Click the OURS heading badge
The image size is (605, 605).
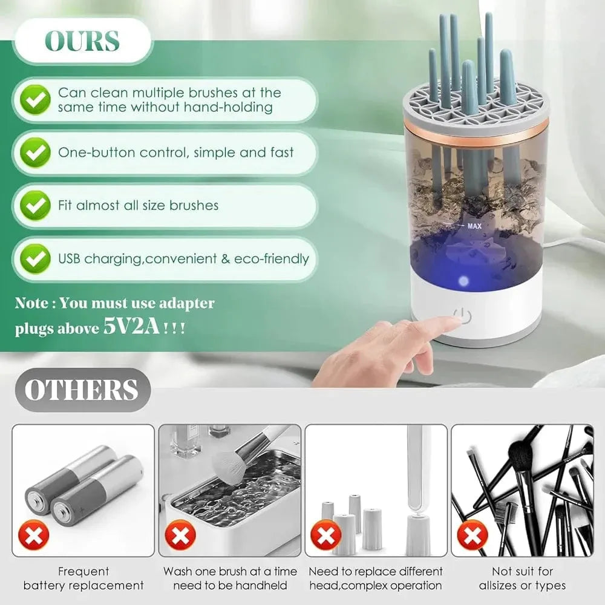pyautogui.click(x=82, y=41)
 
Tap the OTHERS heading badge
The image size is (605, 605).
pyautogui.click(x=82, y=390)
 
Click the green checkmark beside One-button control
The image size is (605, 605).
pyautogui.click(x=35, y=152)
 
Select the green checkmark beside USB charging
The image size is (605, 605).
pyautogui.click(x=35, y=258)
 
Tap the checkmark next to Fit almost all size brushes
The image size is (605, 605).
pyautogui.click(x=35, y=205)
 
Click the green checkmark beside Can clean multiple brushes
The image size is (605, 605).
pyautogui.click(x=35, y=100)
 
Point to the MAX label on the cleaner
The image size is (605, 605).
pyautogui.click(x=474, y=226)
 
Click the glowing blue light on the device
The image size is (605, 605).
pyautogui.click(x=463, y=281)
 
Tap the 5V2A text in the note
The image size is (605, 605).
pyautogui.click(x=131, y=327)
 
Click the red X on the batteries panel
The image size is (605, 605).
pyautogui.click(x=34, y=535)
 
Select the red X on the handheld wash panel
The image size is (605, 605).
pyautogui.click(x=180, y=535)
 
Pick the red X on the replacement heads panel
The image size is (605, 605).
pyautogui.click(x=326, y=535)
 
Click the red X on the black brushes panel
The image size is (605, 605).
pyautogui.click(x=473, y=535)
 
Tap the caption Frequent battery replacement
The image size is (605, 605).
pyautogui.click(x=83, y=578)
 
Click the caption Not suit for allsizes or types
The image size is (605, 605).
pyautogui.click(x=523, y=578)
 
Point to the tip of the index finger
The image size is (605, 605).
pyautogui.click(x=456, y=319)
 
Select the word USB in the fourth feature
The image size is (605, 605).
pyautogui.click(x=69, y=258)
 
